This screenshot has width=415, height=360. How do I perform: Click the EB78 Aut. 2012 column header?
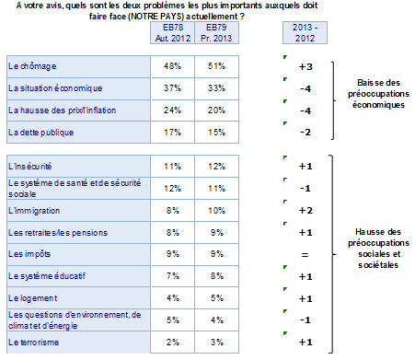coord(172,33)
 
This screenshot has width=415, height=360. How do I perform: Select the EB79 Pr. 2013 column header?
coord(216,33)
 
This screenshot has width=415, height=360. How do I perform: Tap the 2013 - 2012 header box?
coord(305,33)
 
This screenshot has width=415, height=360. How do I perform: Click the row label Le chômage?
coord(32,66)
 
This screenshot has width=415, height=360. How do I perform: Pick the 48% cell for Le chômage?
coord(172,66)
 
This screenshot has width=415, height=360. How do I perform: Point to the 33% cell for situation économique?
coord(216,88)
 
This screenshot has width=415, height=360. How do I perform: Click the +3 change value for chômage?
coord(305,67)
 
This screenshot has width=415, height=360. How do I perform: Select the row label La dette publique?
coord(41,133)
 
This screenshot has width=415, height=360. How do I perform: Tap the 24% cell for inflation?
coord(172,110)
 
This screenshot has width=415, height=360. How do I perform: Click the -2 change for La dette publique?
coord(305,133)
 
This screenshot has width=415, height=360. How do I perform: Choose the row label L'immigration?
coord(34,211)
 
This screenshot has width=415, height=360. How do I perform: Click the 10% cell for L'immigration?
coord(216,211)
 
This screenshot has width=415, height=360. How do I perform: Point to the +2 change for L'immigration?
coord(305,211)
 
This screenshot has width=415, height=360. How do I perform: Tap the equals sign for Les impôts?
coord(305,255)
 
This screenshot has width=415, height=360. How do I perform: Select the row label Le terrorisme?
coord(34,343)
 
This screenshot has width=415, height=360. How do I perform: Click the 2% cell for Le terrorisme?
coord(173,343)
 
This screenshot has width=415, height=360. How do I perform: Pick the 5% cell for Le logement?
coord(217,298)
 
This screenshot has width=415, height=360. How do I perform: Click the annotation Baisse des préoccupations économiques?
coord(378,94)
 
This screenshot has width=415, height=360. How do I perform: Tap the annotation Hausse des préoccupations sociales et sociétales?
coord(378,249)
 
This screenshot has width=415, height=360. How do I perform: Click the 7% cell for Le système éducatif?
coord(173,276)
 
